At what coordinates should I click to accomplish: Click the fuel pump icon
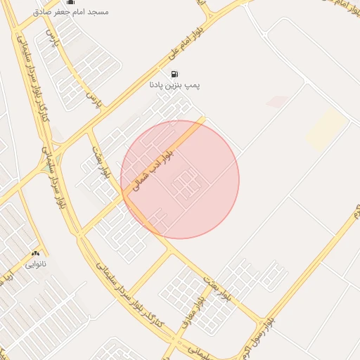point(174,74)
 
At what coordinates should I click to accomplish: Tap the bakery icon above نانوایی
point(35,254)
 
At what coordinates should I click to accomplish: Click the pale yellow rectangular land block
point(326,128)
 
